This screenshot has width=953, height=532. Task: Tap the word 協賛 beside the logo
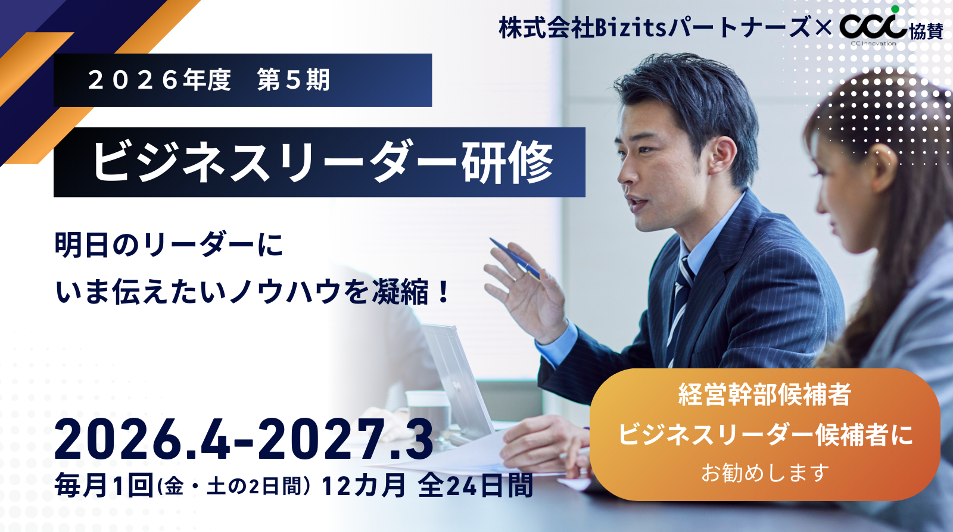926,31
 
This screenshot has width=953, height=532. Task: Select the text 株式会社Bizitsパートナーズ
655,27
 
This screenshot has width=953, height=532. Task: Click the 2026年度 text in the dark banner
160,80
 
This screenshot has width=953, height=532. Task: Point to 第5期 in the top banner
294,80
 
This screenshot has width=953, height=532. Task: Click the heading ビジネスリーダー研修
323,162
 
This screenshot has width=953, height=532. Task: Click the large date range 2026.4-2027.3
244,439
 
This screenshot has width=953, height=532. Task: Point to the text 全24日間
475,485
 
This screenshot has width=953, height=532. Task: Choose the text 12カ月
363,485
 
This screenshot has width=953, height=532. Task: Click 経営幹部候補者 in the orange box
765,395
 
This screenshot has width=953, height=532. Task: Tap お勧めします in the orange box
765,472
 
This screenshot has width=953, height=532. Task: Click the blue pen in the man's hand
515,258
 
